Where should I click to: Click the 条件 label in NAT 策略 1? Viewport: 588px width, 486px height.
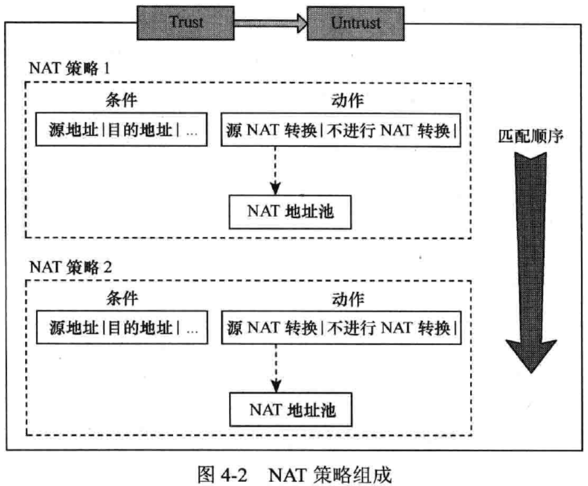pos(122,100)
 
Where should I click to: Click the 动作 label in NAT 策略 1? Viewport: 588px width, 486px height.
pos(347,100)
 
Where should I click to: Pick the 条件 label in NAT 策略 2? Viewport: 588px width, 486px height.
pos(122,299)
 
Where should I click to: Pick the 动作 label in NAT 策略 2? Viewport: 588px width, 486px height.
pos(347,299)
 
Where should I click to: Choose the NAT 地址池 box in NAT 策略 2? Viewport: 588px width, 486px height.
pos(291,410)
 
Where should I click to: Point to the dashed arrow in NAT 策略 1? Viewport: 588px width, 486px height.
pos(275,169)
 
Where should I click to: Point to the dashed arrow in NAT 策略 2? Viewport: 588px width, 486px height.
pos(275,367)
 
